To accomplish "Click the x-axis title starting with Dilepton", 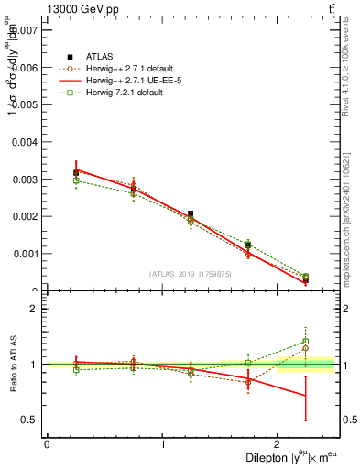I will click(290, 456).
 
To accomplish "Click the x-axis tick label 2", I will click(278, 444).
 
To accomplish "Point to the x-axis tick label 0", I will click(47, 444).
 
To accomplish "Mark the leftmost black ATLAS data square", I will click(76, 172).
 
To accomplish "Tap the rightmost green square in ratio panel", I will click(306, 342).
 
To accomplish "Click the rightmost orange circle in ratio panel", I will click(306, 348).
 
